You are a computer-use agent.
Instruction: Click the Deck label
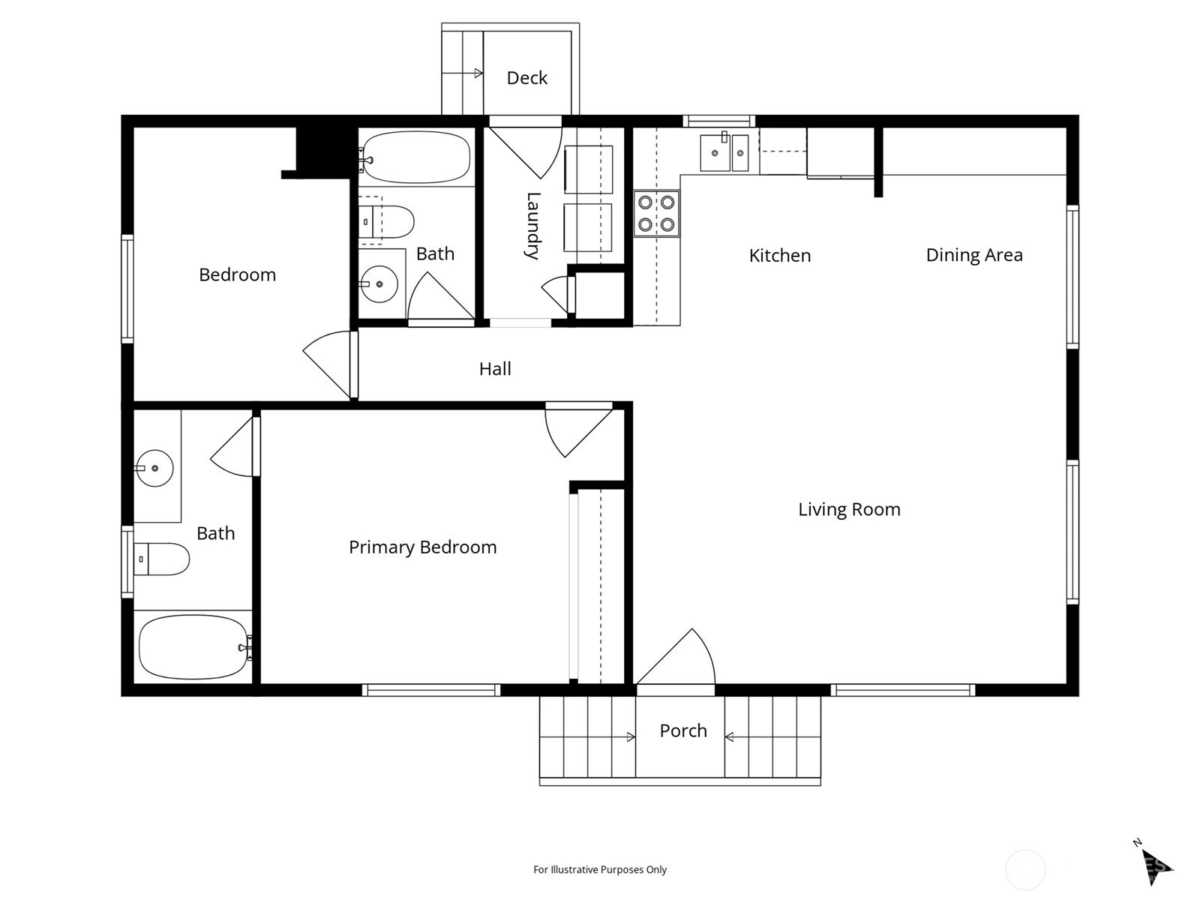tap(526, 78)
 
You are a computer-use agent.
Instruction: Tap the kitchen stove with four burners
tap(656, 214)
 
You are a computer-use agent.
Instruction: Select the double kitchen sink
tap(724, 154)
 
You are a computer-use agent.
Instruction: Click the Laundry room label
tap(532, 226)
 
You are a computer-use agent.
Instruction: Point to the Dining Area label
tap(973, 255)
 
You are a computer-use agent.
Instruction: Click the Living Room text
tap(848, 509)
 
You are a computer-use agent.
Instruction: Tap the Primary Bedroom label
tap(422, 547)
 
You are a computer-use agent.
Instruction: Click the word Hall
tap(495, 369)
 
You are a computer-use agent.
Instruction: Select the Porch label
tap(682, 730)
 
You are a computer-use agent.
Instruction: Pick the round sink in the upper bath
tap(378, 284)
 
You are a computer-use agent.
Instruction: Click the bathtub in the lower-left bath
tap(193, 647)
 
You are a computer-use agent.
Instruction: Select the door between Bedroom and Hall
tap(330, 364)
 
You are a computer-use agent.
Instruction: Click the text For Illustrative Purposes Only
tap(599, 870)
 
